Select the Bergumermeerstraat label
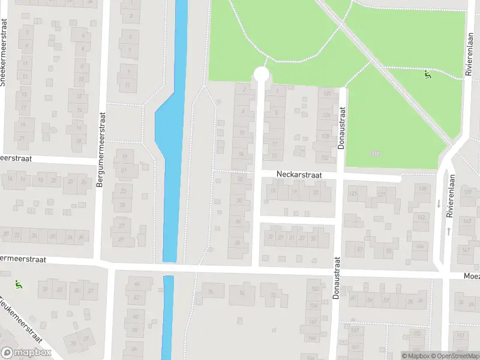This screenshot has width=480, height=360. [101, 150]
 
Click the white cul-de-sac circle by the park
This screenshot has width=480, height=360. [261, 74]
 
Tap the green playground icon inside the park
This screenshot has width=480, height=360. [428, 75]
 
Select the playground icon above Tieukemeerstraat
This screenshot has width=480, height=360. [17, 283]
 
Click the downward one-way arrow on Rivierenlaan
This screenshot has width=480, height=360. [439, 204]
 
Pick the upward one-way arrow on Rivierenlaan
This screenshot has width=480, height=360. [448, 231]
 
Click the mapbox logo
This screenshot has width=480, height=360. [26, 353]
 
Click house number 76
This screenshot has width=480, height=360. [210, 292]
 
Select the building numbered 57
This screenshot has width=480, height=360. [360, 250]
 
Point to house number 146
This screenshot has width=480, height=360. [421, 246]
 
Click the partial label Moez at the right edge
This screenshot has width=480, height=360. [472, 277]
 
